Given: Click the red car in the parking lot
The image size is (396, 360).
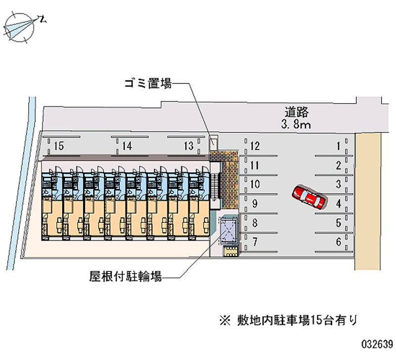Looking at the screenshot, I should pos(308,198).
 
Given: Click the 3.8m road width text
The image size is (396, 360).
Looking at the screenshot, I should pos(296,125).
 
